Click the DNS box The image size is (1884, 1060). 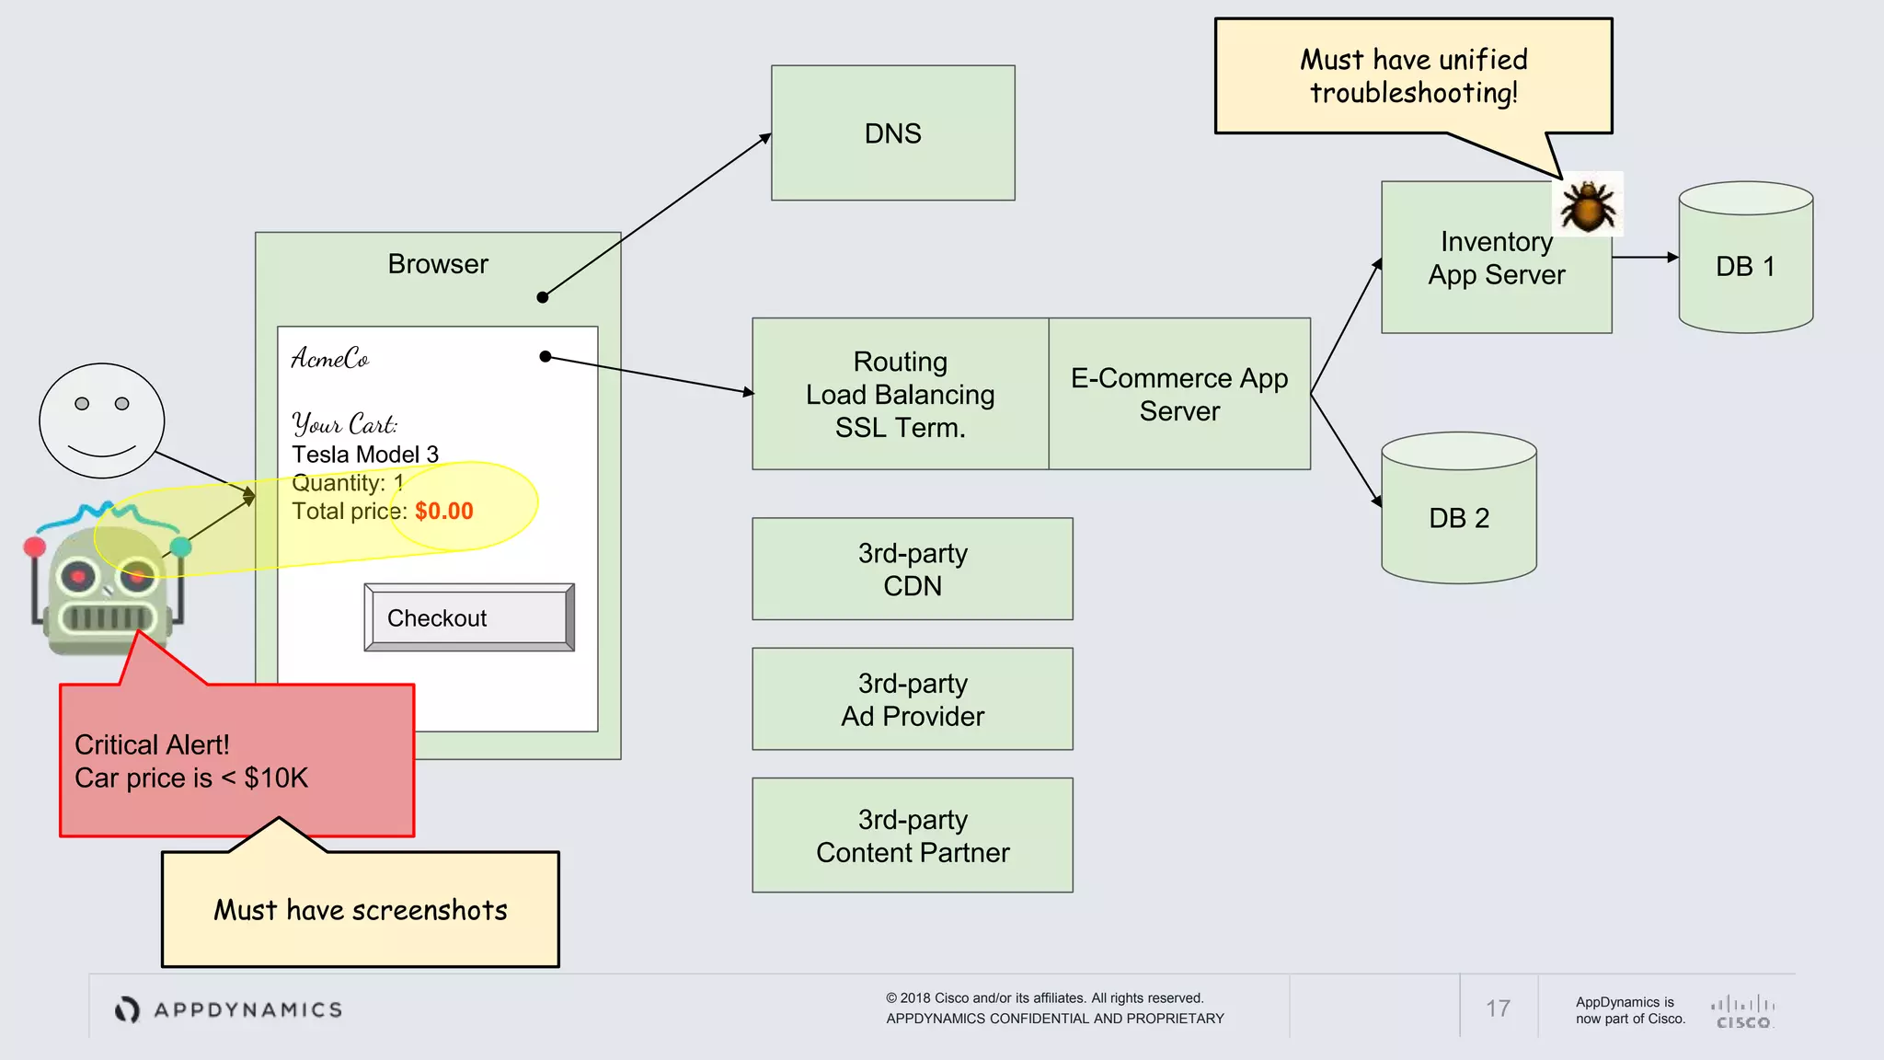click(x=892, y=132)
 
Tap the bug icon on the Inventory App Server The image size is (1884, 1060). click(x=1587, y=204)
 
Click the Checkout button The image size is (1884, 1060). click(x=468, y=617)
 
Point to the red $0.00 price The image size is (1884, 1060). click(x=443, y=512)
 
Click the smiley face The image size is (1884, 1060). click(x=101, y=421)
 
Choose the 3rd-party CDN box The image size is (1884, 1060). click(x=912, y=569)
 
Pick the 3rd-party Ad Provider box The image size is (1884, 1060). click(x=912, y=699)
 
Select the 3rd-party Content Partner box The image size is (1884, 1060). click(x=912, y=835)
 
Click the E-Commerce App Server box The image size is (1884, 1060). click(x=1178, y=394)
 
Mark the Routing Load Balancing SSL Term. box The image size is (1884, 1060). click(x=900, y=394)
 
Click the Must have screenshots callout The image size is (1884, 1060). click(x=360, y=909)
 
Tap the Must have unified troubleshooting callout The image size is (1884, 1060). click(x=1413, y=76)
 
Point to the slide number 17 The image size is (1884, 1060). click(x=1498, y=1008)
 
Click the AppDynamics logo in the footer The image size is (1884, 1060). click(x=229, y=1009)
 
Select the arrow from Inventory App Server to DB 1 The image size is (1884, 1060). click(x=1645, y=258)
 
